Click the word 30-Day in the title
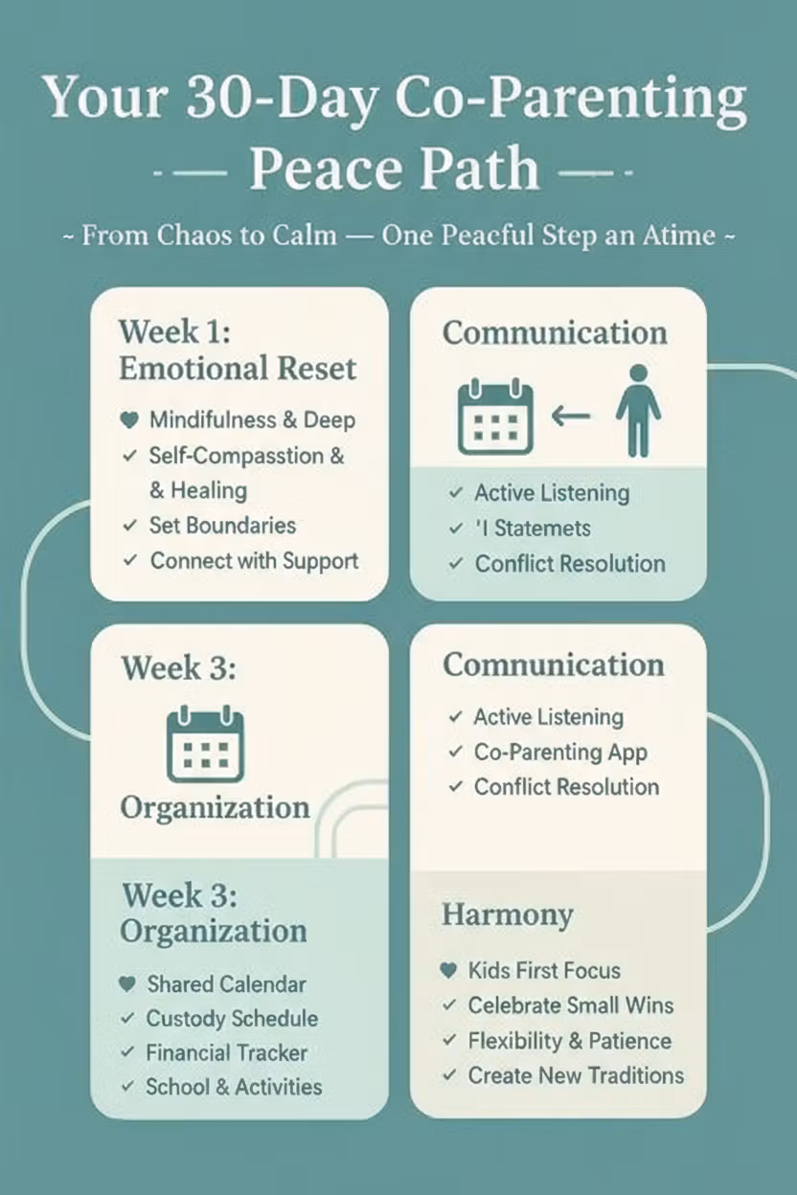(286, 99)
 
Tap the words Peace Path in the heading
(394, 169)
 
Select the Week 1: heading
(175, 332)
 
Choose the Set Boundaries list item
(222, 526)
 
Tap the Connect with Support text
(254, 561)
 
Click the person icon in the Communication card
(638, 409)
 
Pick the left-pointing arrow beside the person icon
(572, 415)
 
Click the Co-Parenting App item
(560, 753)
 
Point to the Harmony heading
(507, 914)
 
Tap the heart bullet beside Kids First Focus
(447, 971)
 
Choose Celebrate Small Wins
(570, 1005)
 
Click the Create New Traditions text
(576, 1075)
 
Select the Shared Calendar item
(226, 984)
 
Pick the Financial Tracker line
(226, 1053)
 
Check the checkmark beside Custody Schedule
(126, 1019)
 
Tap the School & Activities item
(234, 1088)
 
